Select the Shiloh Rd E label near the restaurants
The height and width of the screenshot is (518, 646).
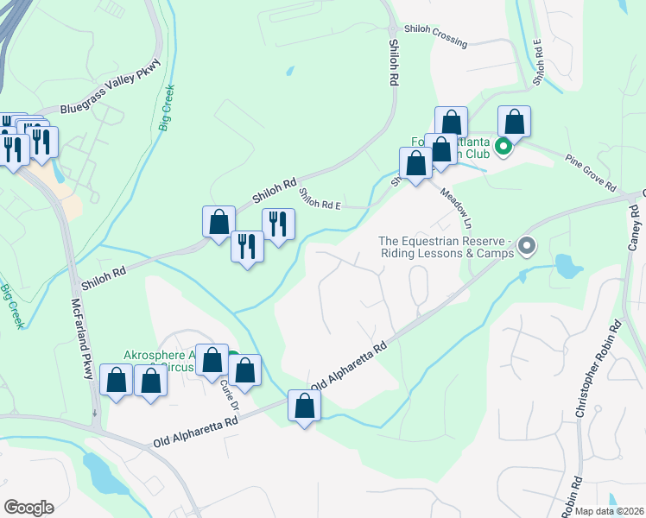(x=320, y=205)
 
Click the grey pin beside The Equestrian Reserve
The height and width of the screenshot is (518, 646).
(x=526, y=249)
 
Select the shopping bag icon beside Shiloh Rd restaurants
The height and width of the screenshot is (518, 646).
(x=219, y=221)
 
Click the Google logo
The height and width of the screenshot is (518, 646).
(x=29, y=508)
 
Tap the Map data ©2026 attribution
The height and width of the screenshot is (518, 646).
(x=608, y=511)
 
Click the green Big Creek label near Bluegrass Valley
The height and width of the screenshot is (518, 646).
(x=166, y=107)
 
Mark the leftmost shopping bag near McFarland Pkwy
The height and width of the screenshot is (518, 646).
(x=116, y=381)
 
